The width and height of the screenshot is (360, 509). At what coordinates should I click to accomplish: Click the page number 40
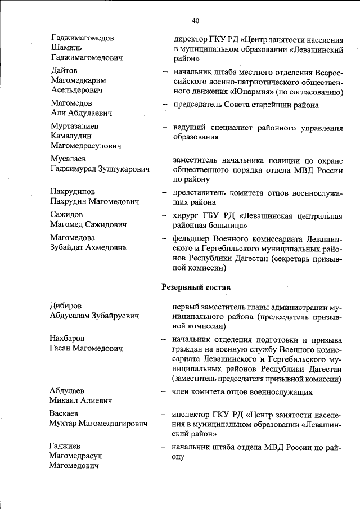(196, 21)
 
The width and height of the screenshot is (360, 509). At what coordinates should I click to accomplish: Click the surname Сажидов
(67, 214)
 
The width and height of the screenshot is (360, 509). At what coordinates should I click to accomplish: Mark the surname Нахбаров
(68, 339)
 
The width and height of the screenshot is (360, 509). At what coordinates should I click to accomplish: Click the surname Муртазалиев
(74, 126)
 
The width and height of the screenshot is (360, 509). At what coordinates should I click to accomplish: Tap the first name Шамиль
(67, 48)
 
